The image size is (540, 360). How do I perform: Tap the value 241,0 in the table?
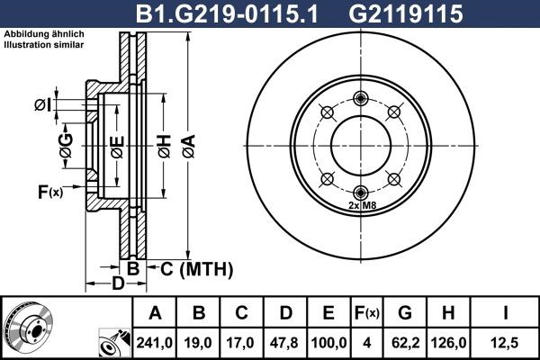(x=156, y=342)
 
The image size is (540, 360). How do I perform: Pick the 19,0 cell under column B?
(x=199, y=342)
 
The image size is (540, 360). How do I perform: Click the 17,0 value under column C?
(x=242, y=342)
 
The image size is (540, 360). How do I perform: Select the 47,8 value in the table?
(x=285, y=342)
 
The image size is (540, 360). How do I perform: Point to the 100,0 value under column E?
(x=328, y=342)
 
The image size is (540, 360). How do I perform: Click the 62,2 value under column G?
(x=406, y=342)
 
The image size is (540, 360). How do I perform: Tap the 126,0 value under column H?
(x=449, y=342)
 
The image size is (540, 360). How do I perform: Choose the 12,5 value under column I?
(x=504, y=342)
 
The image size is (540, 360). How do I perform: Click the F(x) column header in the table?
(x=367, y=314)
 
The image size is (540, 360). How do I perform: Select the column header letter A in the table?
(x=156, y=314)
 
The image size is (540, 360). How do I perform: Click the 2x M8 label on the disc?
(x=360, y=205)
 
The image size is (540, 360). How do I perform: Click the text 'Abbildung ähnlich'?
(x=44, y=35)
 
